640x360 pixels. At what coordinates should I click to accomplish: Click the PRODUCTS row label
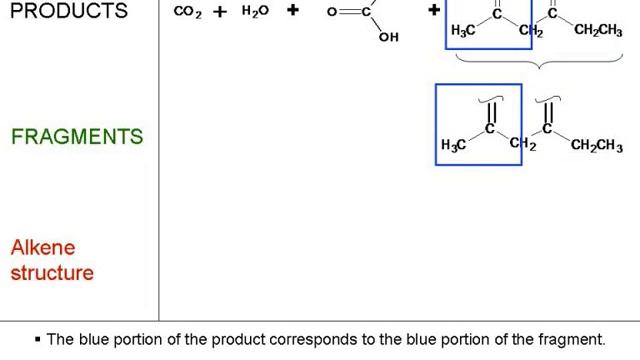[68, 11]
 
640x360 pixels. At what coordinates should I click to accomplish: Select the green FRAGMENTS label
[77, 137]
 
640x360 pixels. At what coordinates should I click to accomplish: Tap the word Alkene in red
[43, 247]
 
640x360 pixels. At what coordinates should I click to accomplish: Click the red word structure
[52, 272]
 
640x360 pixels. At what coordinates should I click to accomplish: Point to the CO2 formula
[188, 12]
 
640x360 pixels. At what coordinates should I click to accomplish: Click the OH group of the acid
[388, 37]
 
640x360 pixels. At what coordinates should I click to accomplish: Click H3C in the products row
[463, 31]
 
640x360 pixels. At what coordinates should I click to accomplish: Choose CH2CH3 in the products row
[598, 31]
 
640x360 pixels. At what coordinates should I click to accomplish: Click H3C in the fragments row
[453, 146]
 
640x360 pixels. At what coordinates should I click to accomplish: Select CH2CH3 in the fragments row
[596, 147]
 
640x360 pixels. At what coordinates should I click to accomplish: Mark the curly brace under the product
[540, 64]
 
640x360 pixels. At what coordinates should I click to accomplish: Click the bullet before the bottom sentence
[37, 340]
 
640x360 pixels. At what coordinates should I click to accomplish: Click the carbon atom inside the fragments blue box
[490, 128]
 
